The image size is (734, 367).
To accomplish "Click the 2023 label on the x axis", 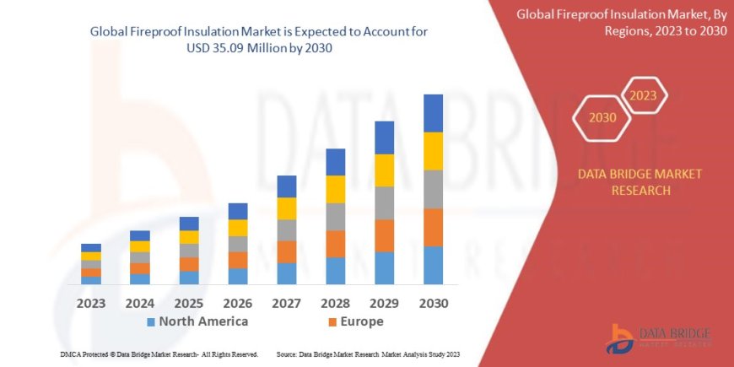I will coord(91,302).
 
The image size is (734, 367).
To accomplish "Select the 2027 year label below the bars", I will coord(286,302).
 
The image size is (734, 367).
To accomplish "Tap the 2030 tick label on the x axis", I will coord(433,302).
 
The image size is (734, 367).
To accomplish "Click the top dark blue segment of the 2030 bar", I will coord(433,113).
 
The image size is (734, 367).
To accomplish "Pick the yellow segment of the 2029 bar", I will coord(384,170).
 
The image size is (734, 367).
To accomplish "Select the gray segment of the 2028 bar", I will coord(335,217).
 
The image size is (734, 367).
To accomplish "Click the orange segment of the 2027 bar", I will coord(286,251).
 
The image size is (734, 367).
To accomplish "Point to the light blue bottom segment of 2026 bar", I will coord(238,276).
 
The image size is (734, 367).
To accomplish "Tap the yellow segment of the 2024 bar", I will coord(140,246).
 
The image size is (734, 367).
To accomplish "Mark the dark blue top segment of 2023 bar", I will coord(91,248).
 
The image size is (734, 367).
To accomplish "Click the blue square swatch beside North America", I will coord(151,322).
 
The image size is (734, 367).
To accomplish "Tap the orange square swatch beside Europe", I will coord(332,322).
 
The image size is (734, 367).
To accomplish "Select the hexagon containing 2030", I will coord(602,117).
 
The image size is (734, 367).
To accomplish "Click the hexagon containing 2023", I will coord(644,94).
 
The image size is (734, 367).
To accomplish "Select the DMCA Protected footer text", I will coord(159,354).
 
